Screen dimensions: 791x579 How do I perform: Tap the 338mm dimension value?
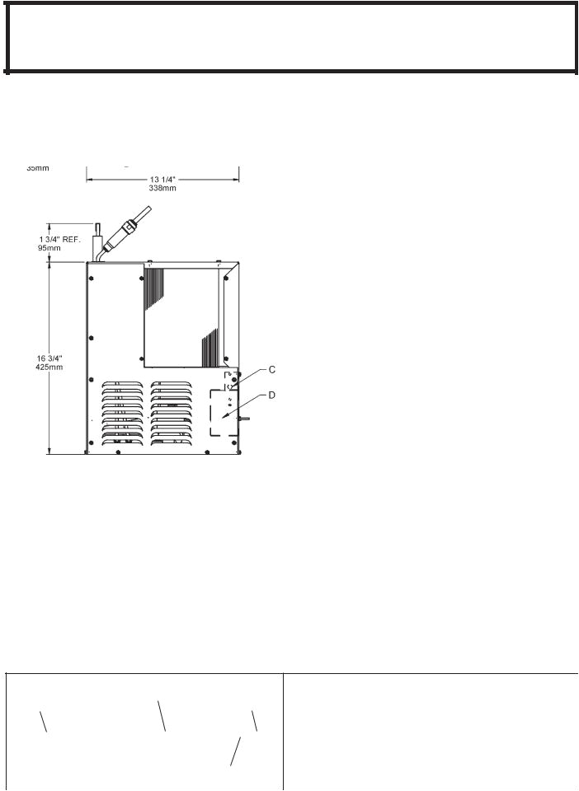162,188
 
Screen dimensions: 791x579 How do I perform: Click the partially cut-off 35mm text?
38,168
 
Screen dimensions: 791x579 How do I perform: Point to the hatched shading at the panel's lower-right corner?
210,348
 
